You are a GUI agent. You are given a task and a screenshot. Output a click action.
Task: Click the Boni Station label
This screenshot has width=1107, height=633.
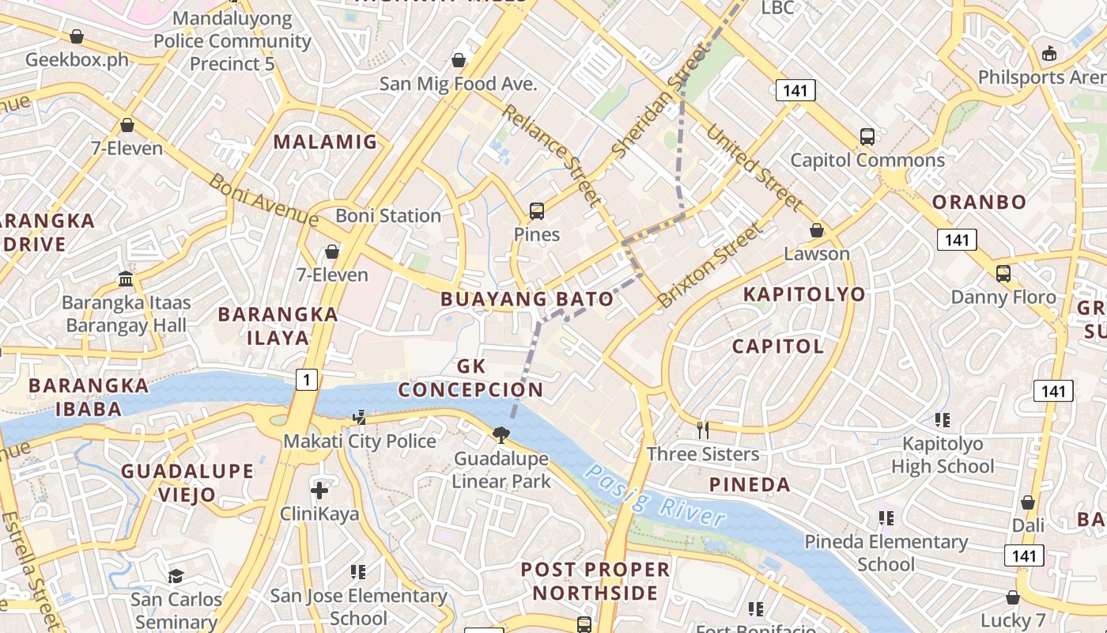[388, 215]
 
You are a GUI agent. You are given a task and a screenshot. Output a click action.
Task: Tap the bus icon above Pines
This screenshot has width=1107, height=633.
[537, 211]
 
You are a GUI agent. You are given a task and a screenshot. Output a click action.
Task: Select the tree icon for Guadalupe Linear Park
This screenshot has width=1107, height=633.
[501, 434]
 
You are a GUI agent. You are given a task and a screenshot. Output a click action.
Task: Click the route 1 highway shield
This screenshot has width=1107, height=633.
[307, 380]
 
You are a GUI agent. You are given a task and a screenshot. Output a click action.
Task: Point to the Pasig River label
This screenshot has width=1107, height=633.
[654, 496]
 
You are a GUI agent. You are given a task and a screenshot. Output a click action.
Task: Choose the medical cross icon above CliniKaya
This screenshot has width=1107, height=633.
[319, 491]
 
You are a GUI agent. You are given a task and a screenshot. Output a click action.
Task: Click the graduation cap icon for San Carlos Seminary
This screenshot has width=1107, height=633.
[176, 576]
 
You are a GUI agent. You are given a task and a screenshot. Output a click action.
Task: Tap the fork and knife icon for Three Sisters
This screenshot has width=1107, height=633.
[702, 430]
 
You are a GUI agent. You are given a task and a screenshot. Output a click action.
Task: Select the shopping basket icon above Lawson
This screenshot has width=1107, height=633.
[817, 230]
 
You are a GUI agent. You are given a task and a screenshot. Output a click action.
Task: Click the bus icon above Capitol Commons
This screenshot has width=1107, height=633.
[867, 136]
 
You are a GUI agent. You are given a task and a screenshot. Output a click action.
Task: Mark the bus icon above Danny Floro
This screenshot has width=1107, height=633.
[1003, 274]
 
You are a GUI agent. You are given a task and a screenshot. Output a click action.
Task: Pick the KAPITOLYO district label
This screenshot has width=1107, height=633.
[804, 294]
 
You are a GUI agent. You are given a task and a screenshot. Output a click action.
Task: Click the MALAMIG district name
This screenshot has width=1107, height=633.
[325, 142]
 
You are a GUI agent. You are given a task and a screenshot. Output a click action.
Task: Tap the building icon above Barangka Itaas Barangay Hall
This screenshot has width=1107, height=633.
[126, 279]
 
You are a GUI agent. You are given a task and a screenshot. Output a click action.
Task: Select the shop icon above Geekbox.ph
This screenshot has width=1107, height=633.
[77, 36]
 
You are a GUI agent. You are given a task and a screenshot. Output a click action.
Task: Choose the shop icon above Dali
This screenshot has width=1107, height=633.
[1028, 502]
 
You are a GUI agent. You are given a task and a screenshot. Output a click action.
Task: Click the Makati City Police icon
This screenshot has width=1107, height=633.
[360, 417]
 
